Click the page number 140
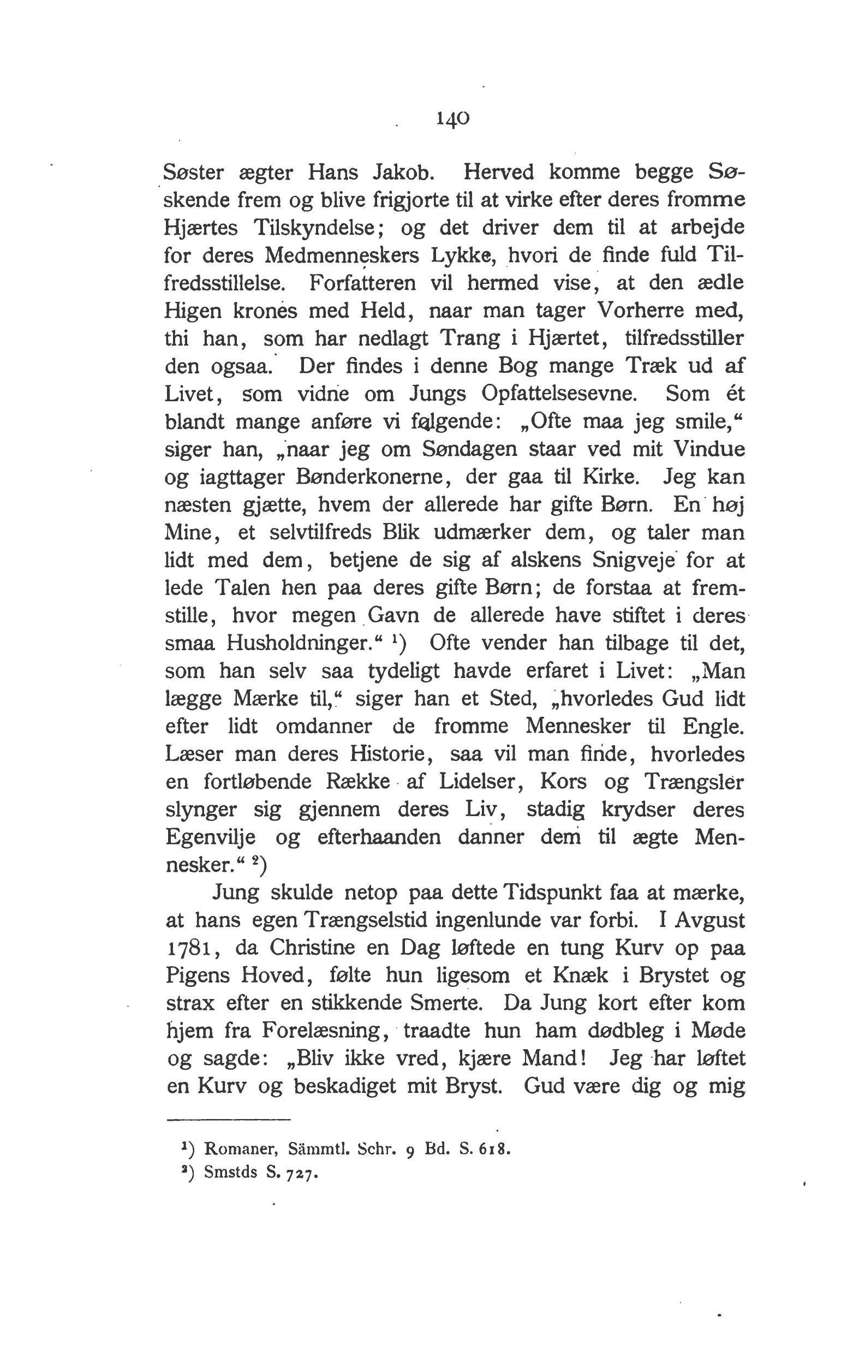click(x=452, y=118)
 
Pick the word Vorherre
click(x=640, y=310)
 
